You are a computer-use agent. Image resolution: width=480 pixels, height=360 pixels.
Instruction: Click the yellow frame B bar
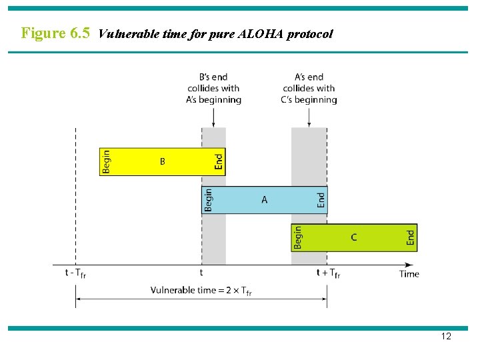[x=162, y=161]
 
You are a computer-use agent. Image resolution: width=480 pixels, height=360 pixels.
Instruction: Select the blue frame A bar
[x=265, y=199]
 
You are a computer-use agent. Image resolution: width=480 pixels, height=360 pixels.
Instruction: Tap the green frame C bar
[x=354, y=237]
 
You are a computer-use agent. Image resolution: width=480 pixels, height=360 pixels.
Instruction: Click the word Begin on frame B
[x=106, y=162]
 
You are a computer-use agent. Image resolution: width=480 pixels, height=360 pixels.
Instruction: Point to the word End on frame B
[x=219, y=161]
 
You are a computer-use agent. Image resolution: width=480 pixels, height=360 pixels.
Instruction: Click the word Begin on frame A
[x=209, y=200]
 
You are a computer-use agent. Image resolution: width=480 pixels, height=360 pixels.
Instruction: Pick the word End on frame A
[x=321, y=199]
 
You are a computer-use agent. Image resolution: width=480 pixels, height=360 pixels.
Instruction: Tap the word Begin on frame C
[x=298, y=237]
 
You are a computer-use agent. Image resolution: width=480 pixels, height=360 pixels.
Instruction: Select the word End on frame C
[x=411, y=237]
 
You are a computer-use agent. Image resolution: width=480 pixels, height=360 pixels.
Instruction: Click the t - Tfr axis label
[x=75, y=273]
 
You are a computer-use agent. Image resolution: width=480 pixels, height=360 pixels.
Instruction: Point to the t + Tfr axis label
[x=327, y=273]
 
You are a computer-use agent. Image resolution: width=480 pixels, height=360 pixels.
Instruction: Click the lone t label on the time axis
[x=201, y=273]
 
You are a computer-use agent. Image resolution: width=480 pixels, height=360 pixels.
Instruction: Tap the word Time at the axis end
[x=409, y=273]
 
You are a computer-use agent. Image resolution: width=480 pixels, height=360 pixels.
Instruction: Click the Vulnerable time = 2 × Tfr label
[x=201, y=290]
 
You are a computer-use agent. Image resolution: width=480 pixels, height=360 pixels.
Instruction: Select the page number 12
[x=446, y=337]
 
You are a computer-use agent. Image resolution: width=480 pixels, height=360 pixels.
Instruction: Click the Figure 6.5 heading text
[x=55, y=33]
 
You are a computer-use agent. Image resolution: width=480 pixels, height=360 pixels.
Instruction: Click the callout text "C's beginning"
[x=309, y=100]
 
